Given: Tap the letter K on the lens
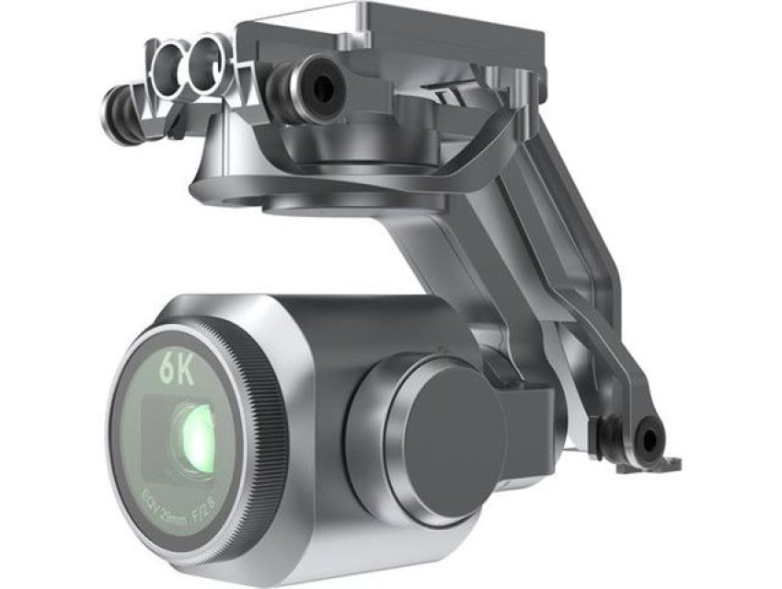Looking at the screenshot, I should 188,369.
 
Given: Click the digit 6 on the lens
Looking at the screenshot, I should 167,368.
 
